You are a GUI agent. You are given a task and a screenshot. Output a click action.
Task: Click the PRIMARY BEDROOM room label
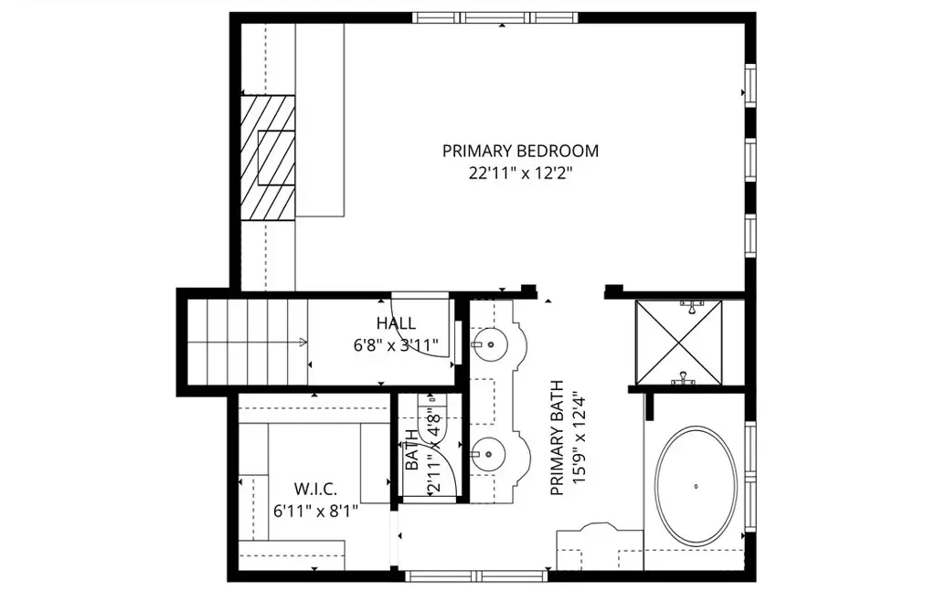[x=520, y=151]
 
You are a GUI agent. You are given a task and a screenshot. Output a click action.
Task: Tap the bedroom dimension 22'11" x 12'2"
[x=520, y=174]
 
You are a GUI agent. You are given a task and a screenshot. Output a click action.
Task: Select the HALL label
[x=396, y=323]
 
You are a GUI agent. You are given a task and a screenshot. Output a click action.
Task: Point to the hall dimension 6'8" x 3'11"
[x=396, y=345]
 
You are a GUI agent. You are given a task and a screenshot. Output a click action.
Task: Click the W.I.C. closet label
[x=315, y=489]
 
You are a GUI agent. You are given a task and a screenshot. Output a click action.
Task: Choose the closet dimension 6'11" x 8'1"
[x=315, y=512]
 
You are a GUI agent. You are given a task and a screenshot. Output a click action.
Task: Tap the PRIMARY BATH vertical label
[x=557, y=438]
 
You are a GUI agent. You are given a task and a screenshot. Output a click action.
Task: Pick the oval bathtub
[x=696, y=486]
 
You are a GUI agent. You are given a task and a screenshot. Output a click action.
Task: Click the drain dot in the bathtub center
[x=696, y=486]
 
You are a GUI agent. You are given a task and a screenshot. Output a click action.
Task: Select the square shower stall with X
[x=679, y=343]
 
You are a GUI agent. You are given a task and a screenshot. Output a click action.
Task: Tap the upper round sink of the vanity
[x=488, y=344]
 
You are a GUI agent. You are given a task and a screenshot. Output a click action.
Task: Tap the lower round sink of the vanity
[x=488, y=454]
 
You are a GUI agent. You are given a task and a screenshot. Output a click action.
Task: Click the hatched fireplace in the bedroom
[x=268, y=158]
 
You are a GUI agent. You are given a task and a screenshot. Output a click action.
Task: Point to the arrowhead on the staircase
[x=303, y=343]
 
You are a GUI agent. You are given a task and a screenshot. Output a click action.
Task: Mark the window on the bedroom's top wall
[x=495, y=17]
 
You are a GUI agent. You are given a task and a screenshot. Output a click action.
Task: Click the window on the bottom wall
[x=476, y=575]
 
